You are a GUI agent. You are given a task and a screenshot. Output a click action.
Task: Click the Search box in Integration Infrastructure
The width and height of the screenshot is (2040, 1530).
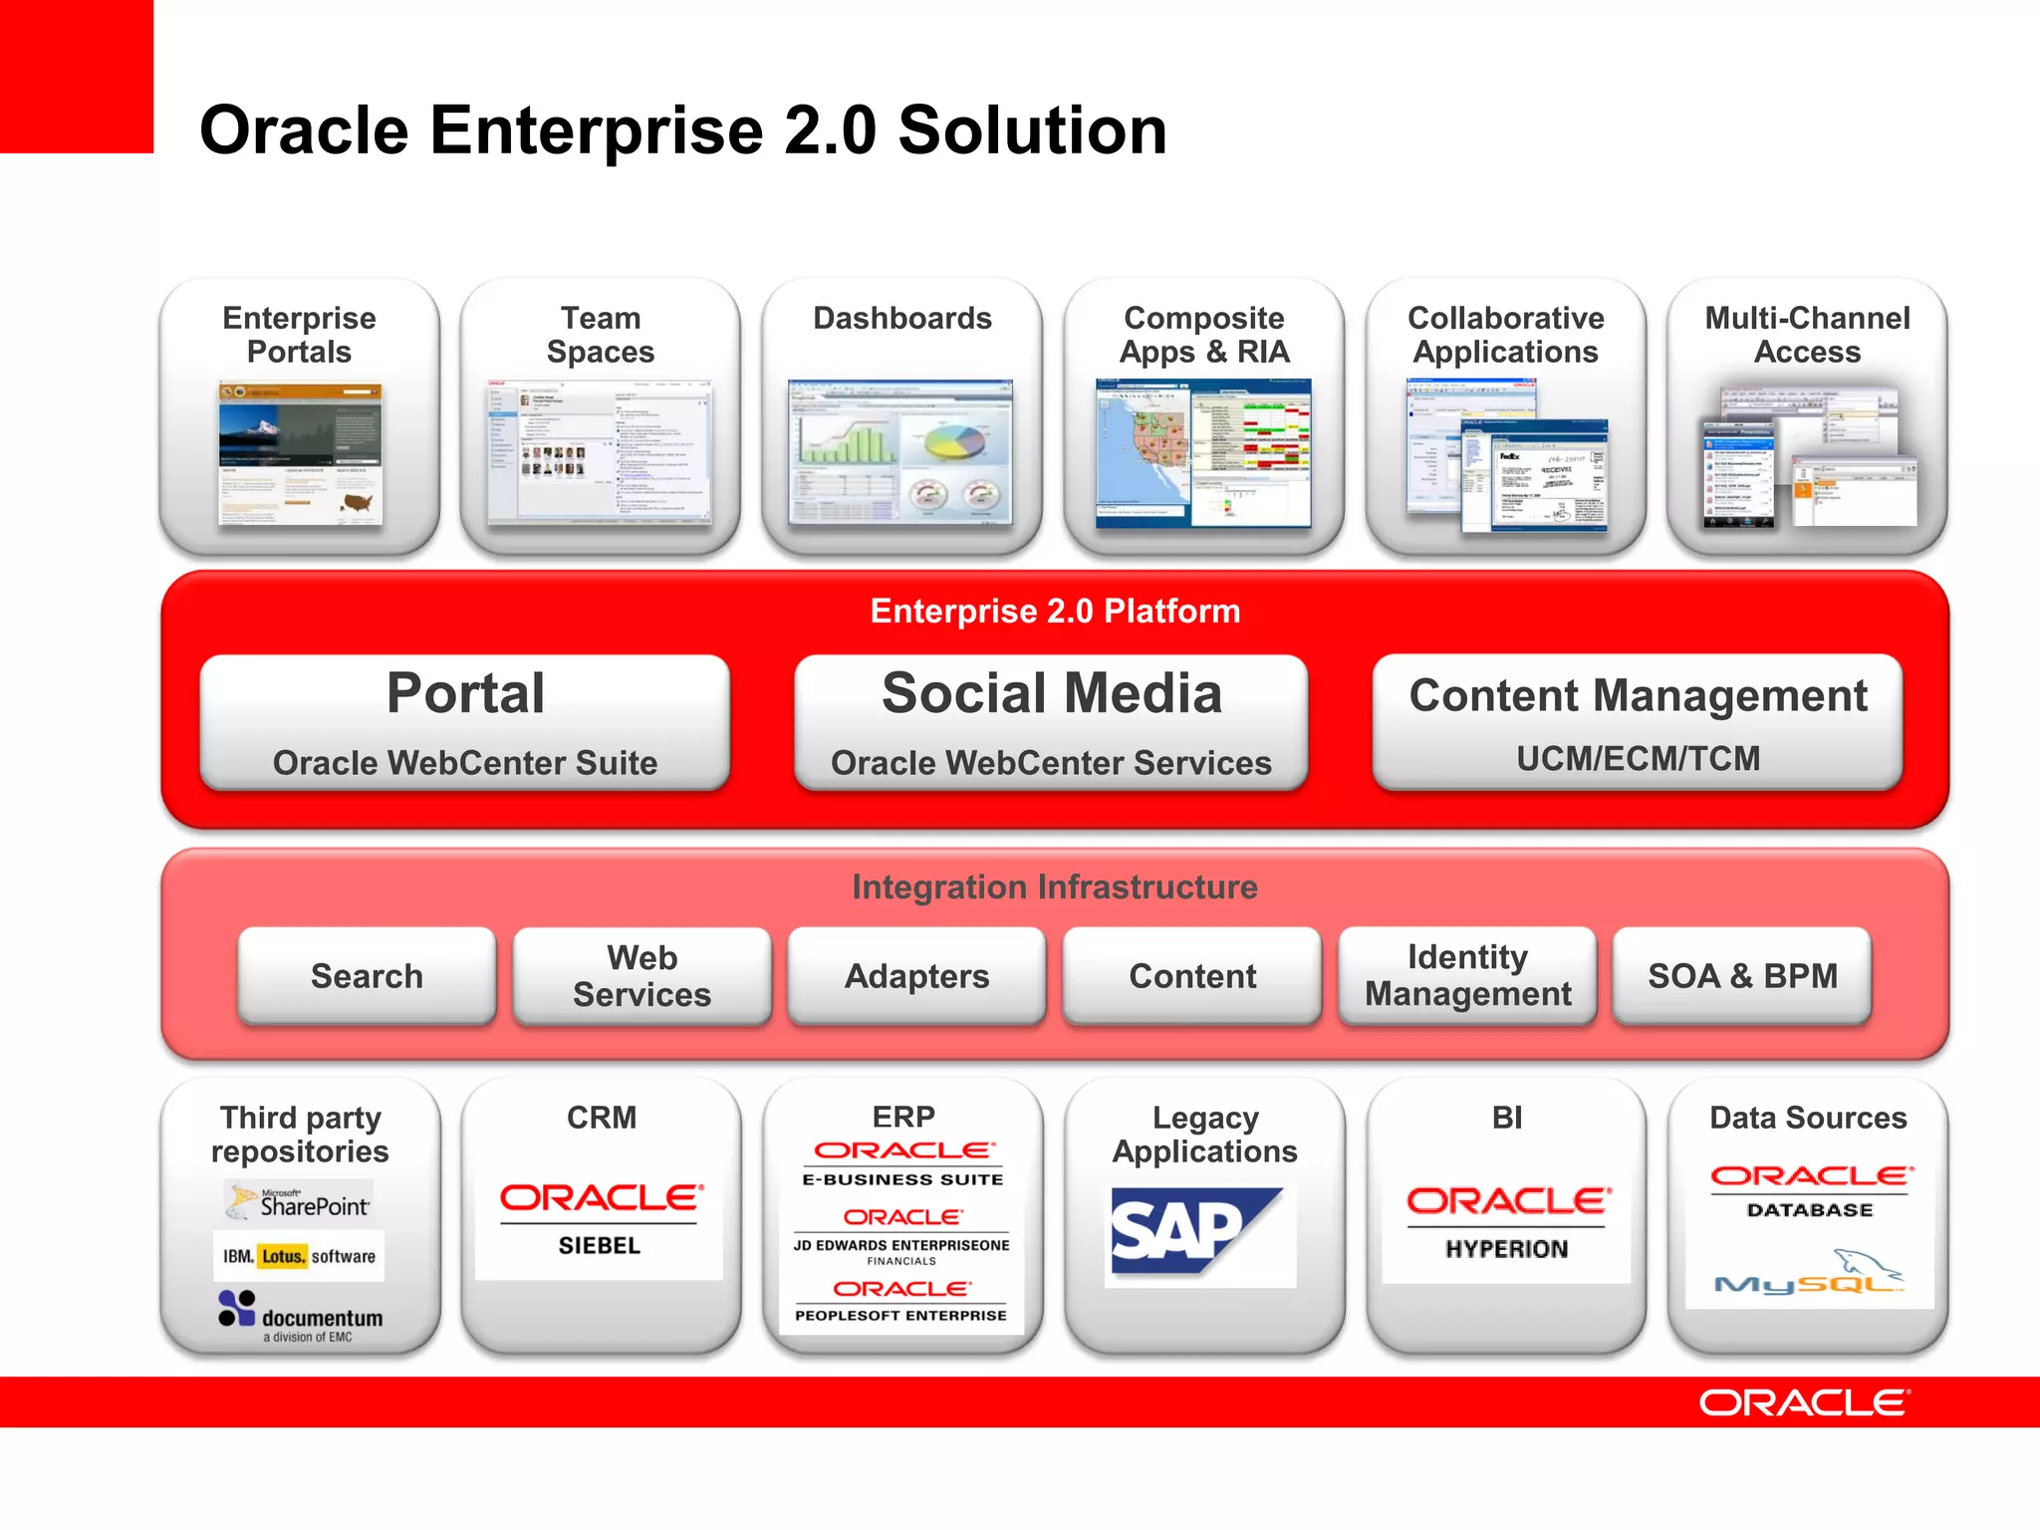(x=367, y=975)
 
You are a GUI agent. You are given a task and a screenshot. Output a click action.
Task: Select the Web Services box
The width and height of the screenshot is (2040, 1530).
(x=641, y=975)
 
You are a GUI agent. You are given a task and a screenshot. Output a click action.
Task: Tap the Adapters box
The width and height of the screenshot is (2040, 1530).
(x=916, y=975)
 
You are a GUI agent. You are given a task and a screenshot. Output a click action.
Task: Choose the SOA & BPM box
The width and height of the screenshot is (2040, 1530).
(x=1742, y=975)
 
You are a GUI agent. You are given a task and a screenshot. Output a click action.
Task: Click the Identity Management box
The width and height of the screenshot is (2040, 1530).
(x=1467, y=975)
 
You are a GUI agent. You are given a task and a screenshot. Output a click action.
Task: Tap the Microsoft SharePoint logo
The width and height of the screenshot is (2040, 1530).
(x=299, y=1201)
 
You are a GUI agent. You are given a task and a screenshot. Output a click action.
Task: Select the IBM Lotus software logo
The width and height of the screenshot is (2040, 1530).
(x=299, y=1256)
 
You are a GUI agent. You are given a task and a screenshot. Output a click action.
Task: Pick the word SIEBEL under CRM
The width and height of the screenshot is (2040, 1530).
(x=600, y=1245)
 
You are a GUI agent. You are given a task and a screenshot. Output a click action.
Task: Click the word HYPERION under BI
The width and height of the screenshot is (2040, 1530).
(x=1506, y=1248)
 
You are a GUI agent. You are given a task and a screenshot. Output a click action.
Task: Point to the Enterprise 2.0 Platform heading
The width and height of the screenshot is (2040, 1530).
(x=1055, y=611)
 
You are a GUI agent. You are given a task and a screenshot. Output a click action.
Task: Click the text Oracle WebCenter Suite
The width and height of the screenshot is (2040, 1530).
(x=465, y=762)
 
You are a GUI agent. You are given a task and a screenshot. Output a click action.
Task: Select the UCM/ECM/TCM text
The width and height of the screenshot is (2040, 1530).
(x=1638, y=758)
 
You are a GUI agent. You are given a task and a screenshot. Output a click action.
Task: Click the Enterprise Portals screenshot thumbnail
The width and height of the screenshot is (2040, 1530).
(x=300, y=453)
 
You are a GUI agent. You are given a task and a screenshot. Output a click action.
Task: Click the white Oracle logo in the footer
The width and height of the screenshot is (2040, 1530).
(x=1804, y=1402)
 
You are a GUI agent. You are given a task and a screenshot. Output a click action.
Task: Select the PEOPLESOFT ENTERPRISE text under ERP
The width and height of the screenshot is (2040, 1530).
(x=900, y=1315)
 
